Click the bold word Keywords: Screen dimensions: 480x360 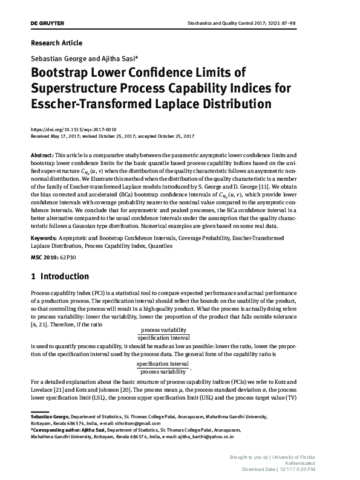click(x=44, y=239)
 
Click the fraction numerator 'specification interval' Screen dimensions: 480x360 click(x=162, y=365)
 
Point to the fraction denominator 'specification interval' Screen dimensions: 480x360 click(x=163, y=337)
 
